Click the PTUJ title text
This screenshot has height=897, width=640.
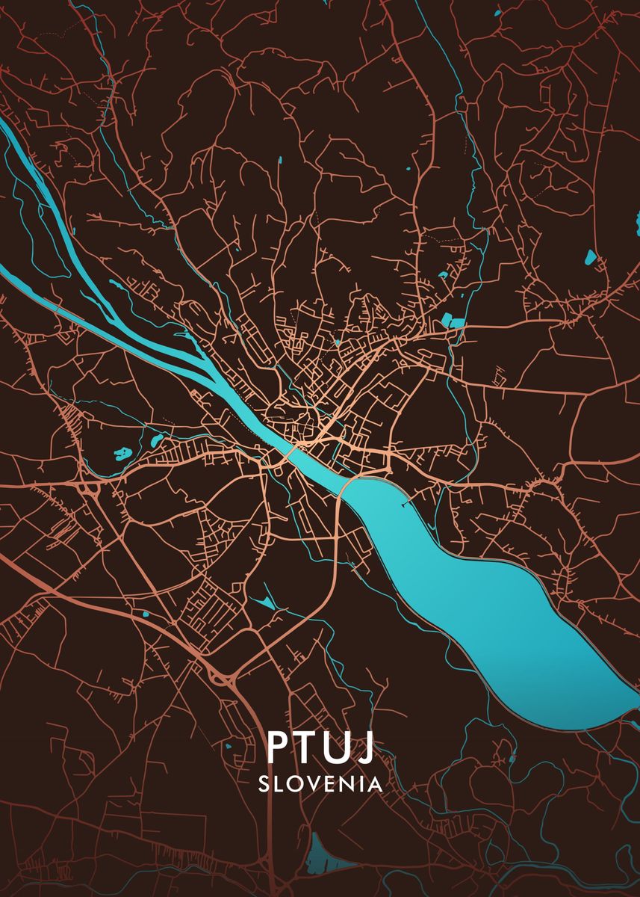coord(320,747)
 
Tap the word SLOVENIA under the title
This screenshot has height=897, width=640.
coord(320,784)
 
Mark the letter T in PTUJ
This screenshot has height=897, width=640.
coord(307,747)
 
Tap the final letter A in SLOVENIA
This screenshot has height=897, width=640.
coord(375,784)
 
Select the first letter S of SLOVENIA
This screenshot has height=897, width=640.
coord(264,784)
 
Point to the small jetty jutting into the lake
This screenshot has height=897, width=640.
coord(405,505)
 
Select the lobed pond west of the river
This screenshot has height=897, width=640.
coord(120,452)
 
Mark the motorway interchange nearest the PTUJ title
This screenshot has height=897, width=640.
coord(221,676)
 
